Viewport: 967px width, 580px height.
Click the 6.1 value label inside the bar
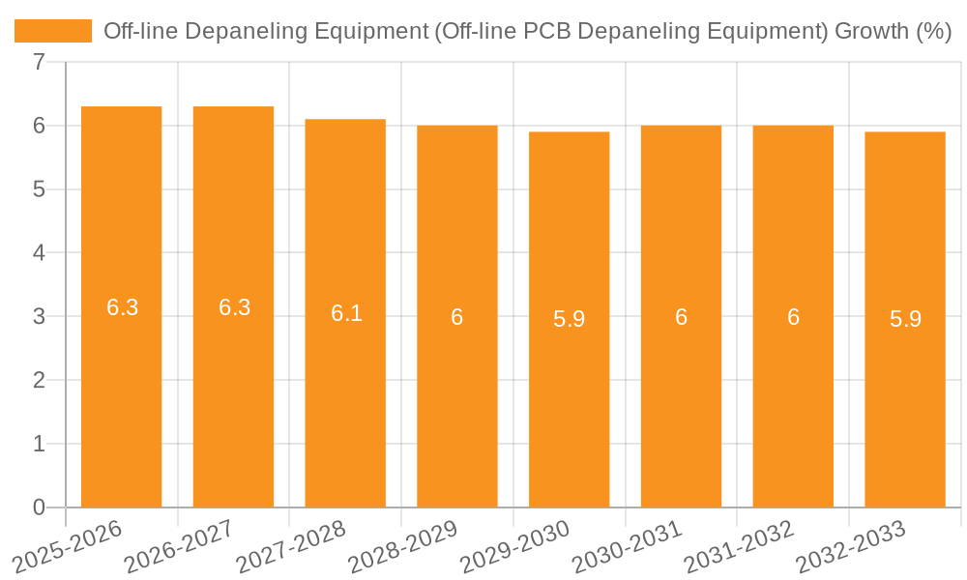coord(346,313)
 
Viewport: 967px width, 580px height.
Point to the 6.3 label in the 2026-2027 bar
coord(234,307)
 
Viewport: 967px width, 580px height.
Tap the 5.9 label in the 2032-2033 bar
coord(905,319)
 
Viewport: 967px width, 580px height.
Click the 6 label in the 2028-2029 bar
coord(456,317)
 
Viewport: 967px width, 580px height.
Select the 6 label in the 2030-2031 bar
coord(681,317)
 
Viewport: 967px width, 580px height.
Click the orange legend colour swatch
coord(53,31)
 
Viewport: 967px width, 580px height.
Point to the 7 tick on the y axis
coord(39,62)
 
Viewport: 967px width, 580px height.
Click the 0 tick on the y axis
coord(39,507)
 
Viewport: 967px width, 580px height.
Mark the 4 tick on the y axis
coord(39,253)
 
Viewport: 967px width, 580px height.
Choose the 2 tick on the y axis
coord(39,380)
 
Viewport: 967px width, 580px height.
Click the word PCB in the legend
coord(548,31)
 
